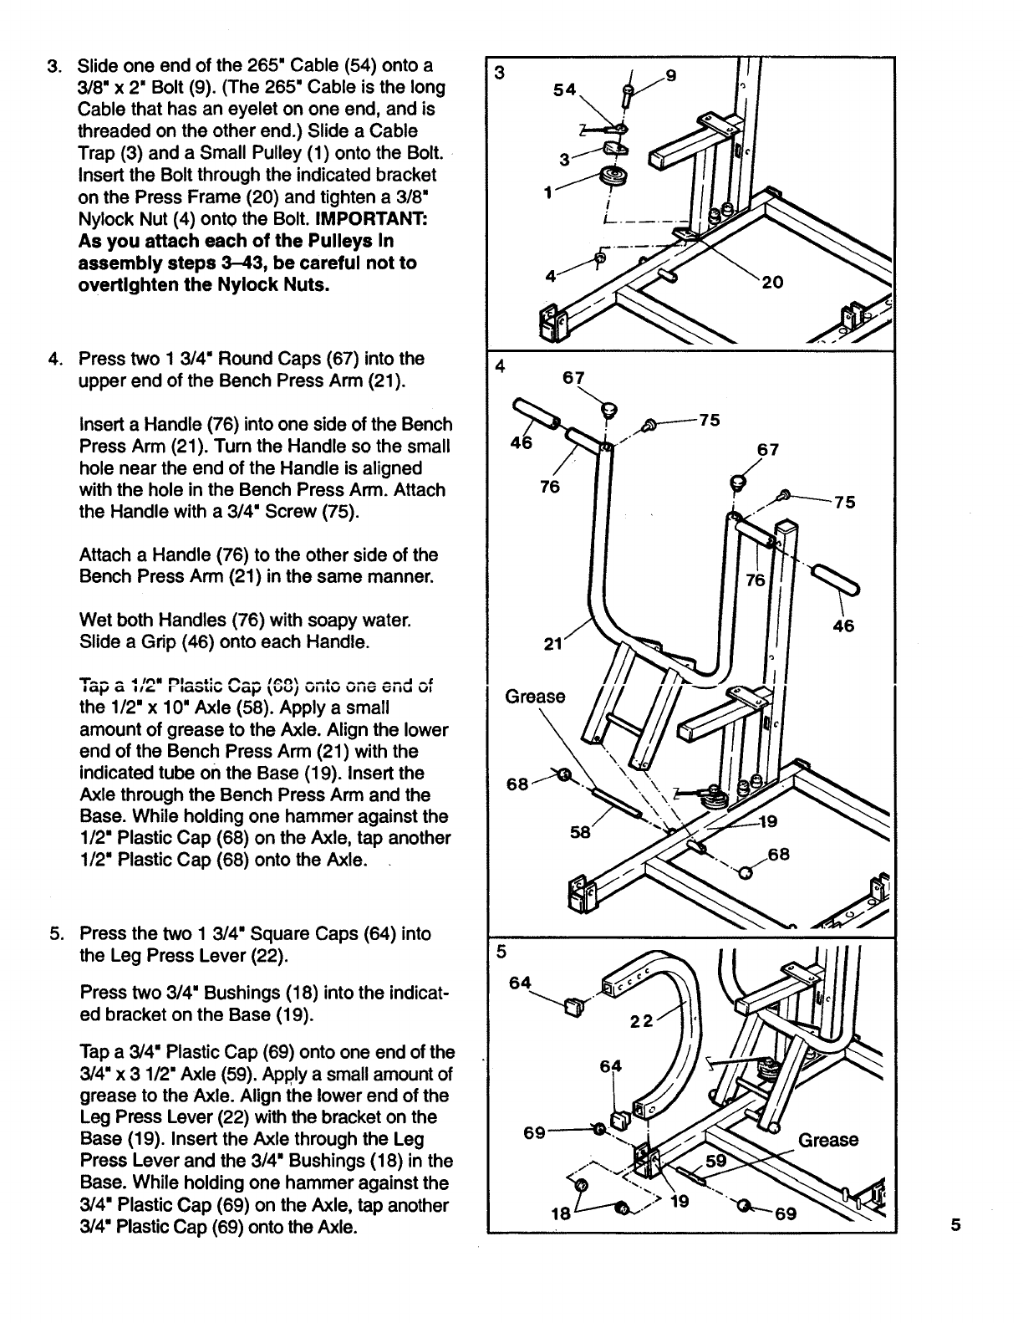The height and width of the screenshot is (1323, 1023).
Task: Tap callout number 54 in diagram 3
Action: pyautogui.click(x=564, y=90)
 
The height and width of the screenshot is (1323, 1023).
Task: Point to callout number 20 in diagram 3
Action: pyautogui.click(x=771, y=283)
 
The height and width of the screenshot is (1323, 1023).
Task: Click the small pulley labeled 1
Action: pyautogui.click(x=613, y=178)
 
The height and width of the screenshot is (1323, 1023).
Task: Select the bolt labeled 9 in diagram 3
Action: pyautogui.click(x=627, y=94)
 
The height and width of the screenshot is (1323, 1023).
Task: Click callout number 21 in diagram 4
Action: pyautogui.click(x=553, y=644)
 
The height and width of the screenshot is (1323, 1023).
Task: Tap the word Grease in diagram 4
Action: pyautogui.click(x=536, y=697)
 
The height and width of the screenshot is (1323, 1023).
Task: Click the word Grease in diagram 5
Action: pyautogui.click(x=828, y=1140)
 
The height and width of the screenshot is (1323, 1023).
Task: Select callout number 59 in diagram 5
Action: pyautogui.click(x=717, y=1161)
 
